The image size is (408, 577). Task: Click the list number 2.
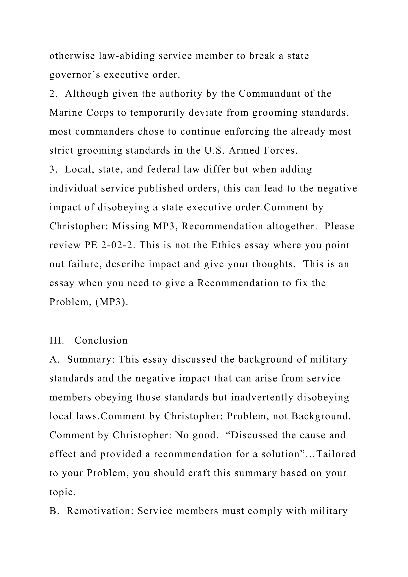(x=53, y=94)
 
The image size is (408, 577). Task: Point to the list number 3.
(x=53, y=170)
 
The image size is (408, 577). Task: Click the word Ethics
(x=226, y=245)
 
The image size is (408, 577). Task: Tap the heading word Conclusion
(x=101, y=341)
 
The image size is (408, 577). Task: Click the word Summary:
(x=91, y=359)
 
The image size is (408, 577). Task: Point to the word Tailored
(x=336, y=454)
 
